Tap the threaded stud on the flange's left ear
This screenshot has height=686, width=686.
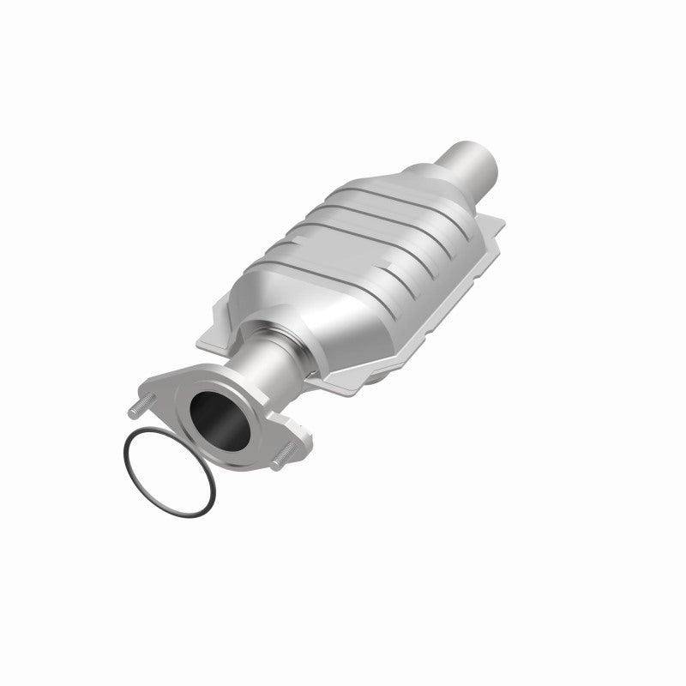(x=141, y=406)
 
